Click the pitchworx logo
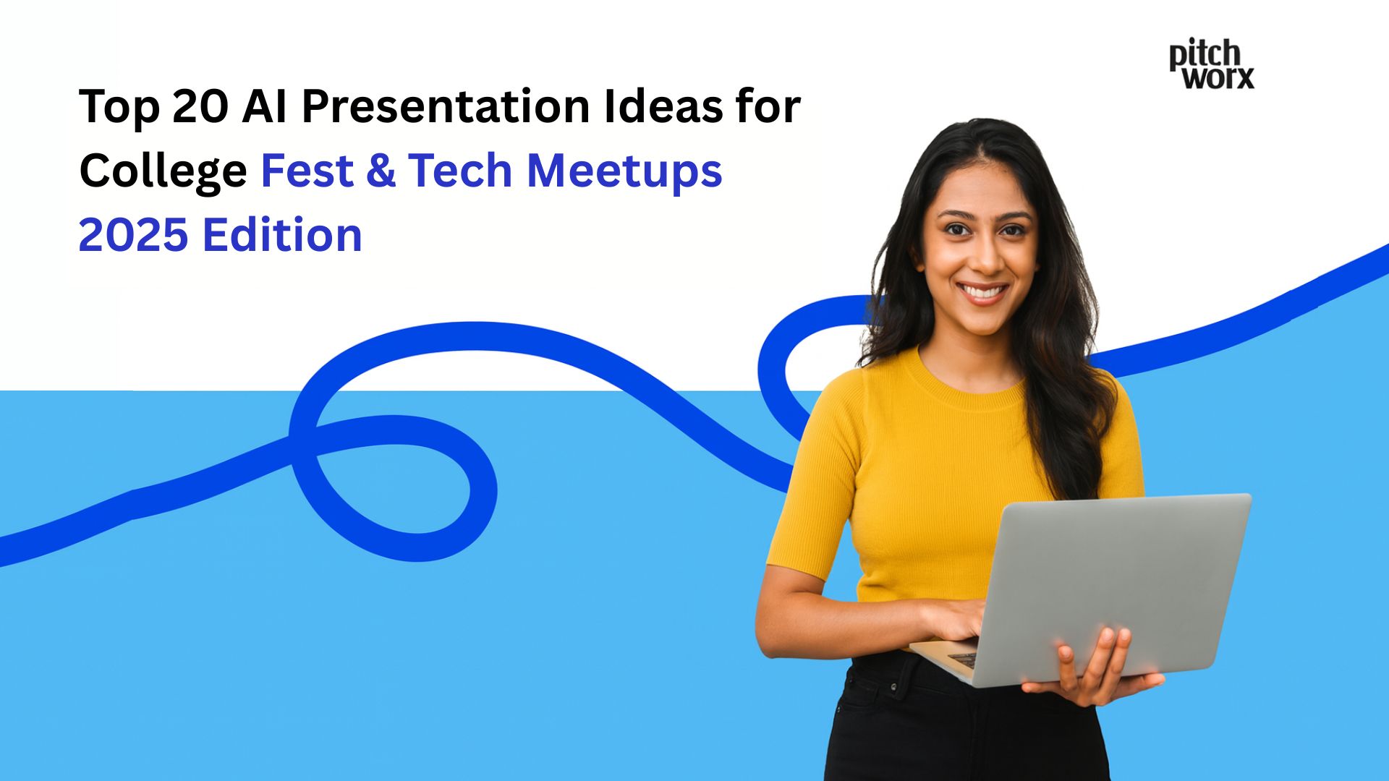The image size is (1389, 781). [x=1211, y=65]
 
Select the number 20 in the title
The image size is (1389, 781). [x=200, y=107]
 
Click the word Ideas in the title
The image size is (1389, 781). [x=665, y=107]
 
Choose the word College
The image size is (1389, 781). [x=163, y=172]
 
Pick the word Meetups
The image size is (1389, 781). [x=624, y=172]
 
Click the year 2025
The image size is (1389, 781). [x=132, y=235]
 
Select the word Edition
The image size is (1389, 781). [x=282, y=235]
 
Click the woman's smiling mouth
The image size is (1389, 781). [x=982, y=292]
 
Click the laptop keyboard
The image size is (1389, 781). [x=962, y=659]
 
